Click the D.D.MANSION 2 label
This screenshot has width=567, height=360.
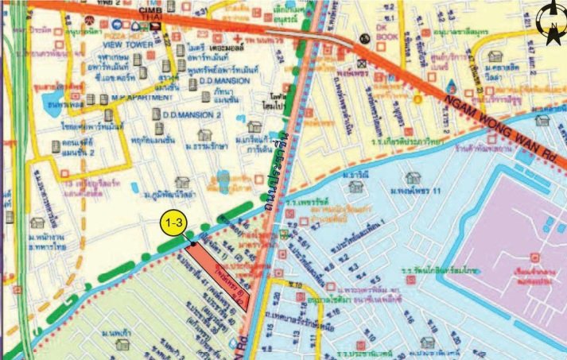tap(192, 114)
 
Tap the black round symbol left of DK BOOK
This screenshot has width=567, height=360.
tap(364, 37)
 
